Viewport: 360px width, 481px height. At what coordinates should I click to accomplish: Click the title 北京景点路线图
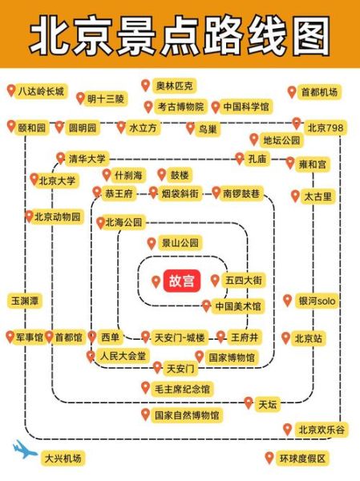tap(180, 36)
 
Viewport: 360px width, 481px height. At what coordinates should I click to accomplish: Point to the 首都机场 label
tap(319, 92)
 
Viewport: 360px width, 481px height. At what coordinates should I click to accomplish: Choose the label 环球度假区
tap(302, 459)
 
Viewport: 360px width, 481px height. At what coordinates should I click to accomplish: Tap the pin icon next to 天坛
tap(249, 403)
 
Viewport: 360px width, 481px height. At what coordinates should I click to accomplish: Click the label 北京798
tap(325, 127)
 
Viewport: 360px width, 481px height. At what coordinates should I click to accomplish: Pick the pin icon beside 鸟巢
tap(191, 128)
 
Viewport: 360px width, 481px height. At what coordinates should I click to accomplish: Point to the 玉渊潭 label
tap(24, 301)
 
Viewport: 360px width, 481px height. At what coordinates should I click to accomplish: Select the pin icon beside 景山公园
tap(152, 243)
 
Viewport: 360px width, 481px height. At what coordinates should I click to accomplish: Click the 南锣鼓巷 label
tap(242, 193)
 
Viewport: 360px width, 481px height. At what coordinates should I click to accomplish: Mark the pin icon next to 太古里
tap(296, 196)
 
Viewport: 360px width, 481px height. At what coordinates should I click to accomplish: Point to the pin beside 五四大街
tap(215, 281)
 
